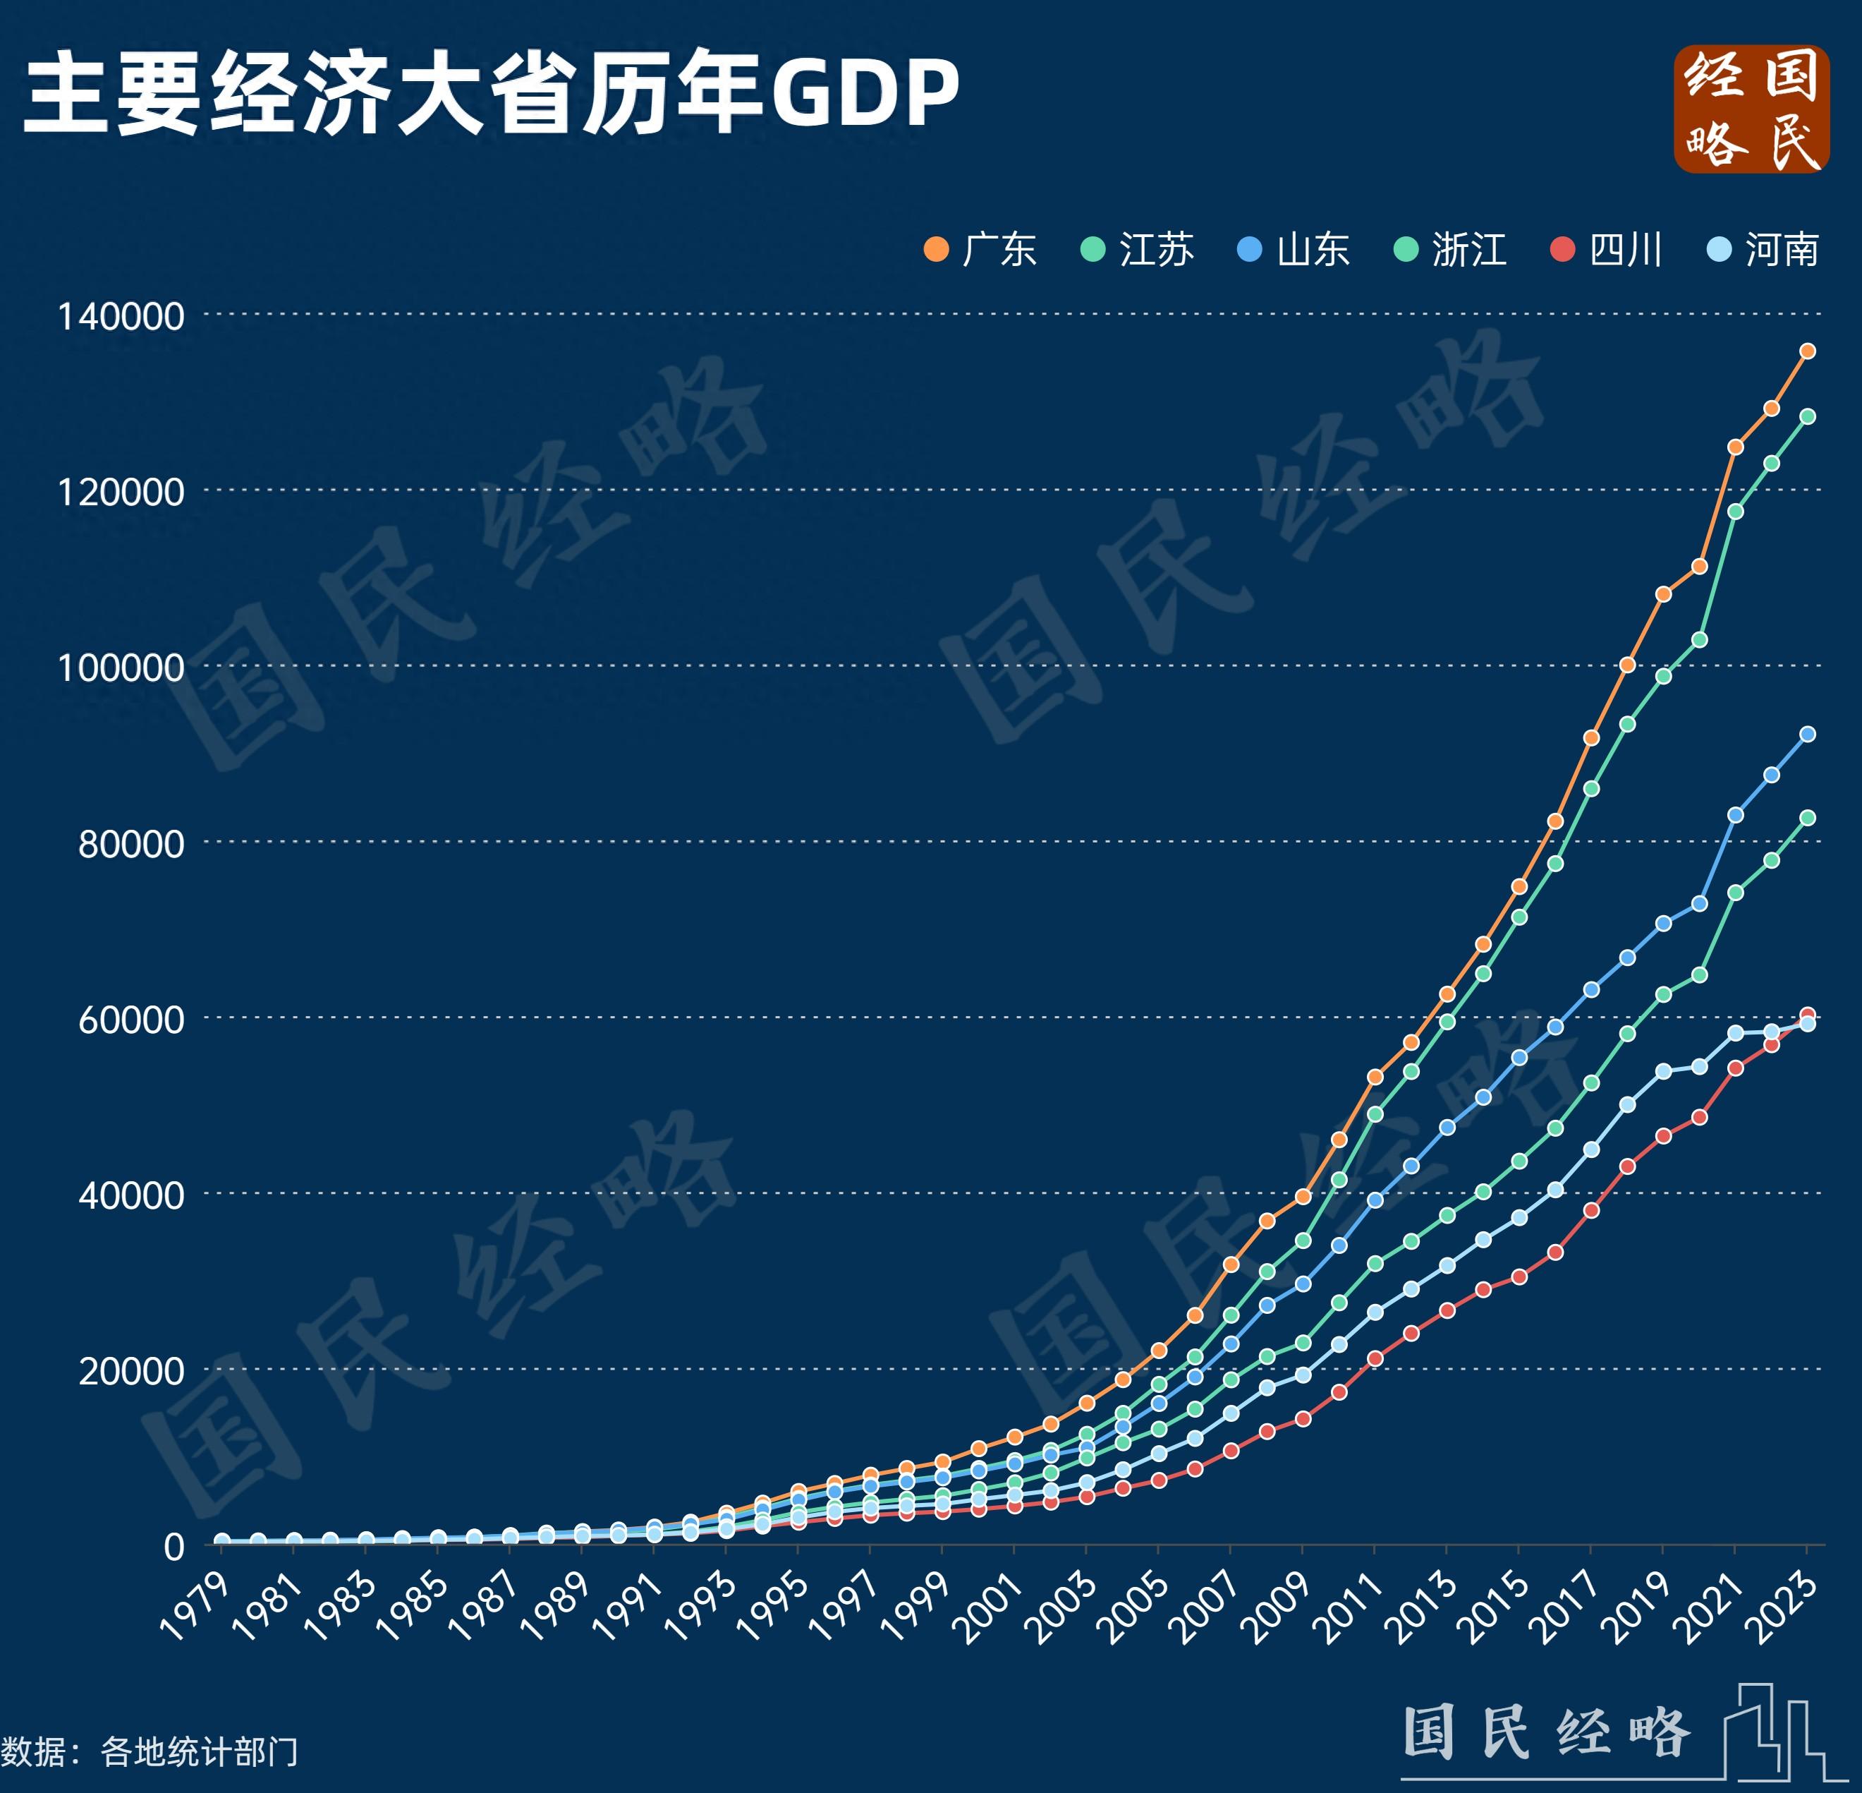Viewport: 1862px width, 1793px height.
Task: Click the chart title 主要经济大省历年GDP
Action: (491, 92)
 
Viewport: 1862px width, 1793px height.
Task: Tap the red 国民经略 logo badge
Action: (1751, 109)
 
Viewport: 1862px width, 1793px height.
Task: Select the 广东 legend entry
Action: (980, 250)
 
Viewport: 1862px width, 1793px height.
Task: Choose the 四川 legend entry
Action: (1607, 250)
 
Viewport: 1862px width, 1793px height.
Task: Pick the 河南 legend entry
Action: (1763, 250)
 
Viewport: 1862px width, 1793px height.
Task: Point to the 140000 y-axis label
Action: (121, 316)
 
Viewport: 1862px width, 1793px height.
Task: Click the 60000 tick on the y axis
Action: (131, 1020)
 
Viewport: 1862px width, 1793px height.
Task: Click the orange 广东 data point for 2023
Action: (1808, 351)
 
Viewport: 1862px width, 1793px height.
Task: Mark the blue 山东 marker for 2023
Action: (1808, 735)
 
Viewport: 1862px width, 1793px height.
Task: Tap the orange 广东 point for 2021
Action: (1736, 447)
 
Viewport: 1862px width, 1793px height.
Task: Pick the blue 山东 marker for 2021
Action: (1736, 815)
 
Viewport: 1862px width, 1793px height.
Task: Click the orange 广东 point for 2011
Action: (1375, 1077)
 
